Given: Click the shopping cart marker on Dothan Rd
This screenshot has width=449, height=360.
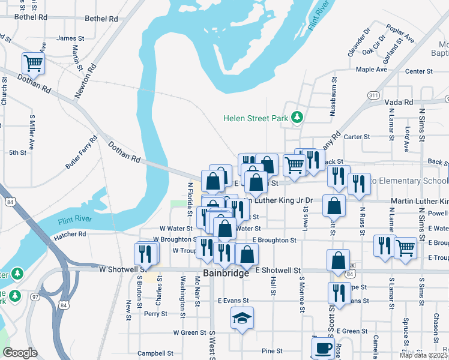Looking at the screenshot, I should coord(34,62).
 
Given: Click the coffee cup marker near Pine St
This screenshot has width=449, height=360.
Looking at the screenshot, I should coord(323,347).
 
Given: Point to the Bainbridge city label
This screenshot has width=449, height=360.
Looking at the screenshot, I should coord(226,274).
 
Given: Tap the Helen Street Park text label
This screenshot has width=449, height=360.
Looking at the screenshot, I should coord(256,119).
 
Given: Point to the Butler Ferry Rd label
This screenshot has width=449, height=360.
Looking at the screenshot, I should coord(82,152).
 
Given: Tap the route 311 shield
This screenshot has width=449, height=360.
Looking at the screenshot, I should coord(373,95).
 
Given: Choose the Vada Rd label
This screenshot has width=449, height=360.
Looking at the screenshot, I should coord(399,103).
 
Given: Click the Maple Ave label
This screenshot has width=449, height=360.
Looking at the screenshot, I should coord(371,70).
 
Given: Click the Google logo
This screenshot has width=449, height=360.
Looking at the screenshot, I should coord(20,353).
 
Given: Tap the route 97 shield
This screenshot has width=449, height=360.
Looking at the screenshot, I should coord(35,297).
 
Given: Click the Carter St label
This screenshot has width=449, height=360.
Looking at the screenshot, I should coord(357,137).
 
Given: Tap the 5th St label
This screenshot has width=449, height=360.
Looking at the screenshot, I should coord(17,152).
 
